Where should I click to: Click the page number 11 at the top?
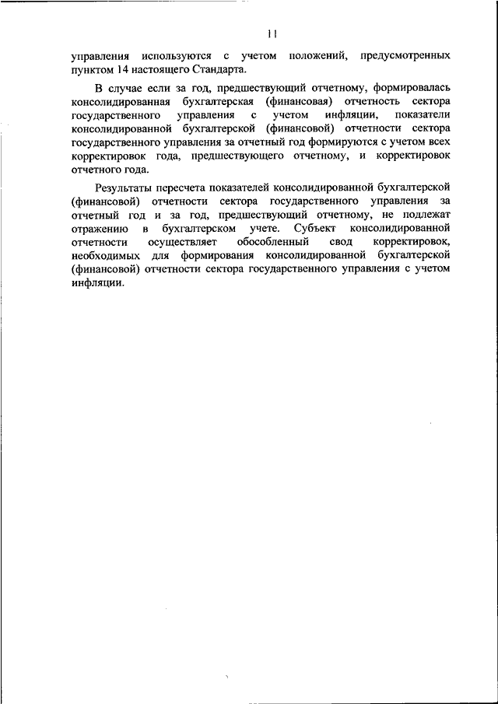[x=272, y=33]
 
